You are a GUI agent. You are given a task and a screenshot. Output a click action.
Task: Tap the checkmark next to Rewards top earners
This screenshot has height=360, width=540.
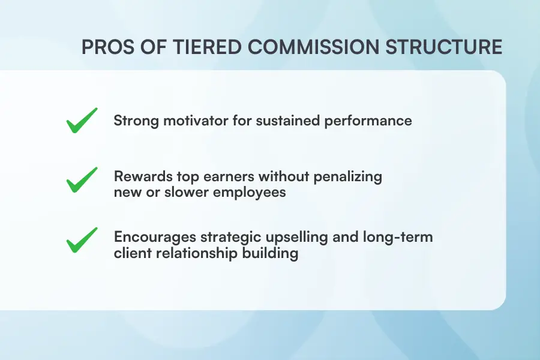pyautogui.click(x=82, y=180)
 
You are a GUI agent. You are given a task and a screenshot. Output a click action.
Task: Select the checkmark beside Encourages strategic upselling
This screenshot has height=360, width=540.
pyautogui.click(x=82, y=239)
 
